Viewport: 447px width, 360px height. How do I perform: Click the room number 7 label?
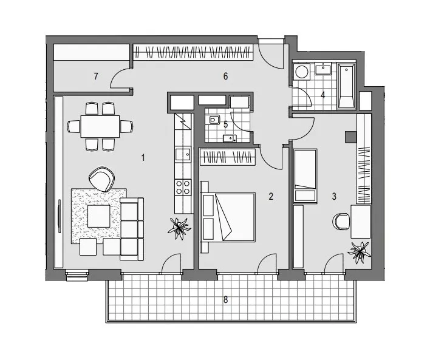pos(96,76)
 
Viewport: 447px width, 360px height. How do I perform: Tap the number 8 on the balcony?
pos(225,300)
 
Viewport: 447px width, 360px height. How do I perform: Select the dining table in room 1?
pos(100,126)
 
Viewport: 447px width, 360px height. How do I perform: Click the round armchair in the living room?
pos(101,179)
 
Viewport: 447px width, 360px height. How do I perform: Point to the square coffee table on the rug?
pos(98,216)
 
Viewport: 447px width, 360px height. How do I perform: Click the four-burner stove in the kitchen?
pos(183,187)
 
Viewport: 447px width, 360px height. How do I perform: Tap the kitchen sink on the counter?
pos(183,154)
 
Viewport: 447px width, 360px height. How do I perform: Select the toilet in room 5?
pos(213,120)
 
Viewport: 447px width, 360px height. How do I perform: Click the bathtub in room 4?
pos(346,86)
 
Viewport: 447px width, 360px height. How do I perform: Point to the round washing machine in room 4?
pos(302,71)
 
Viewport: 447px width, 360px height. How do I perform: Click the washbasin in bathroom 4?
pos(323,70)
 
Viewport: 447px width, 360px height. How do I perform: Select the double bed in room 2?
pos(228,217)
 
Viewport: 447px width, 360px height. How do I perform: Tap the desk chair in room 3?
pos(341,221)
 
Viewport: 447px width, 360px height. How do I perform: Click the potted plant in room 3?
pos(360,251)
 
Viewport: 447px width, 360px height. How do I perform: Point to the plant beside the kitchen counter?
pos(179,228)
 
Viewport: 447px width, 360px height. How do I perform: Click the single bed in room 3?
pos(305,175)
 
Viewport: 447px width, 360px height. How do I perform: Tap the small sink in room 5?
pos(230,138)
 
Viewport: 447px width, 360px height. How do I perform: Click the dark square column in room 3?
pos(351,137)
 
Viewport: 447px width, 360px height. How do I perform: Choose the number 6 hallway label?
pos(225,76)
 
